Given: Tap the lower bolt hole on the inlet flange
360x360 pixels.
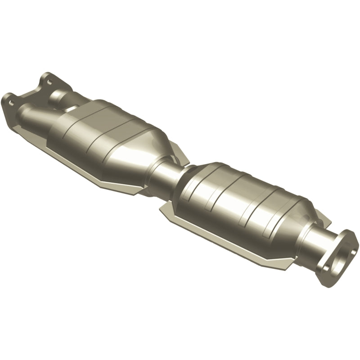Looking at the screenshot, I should (10, 103).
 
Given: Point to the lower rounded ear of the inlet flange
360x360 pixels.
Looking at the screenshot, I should (8, 98).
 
